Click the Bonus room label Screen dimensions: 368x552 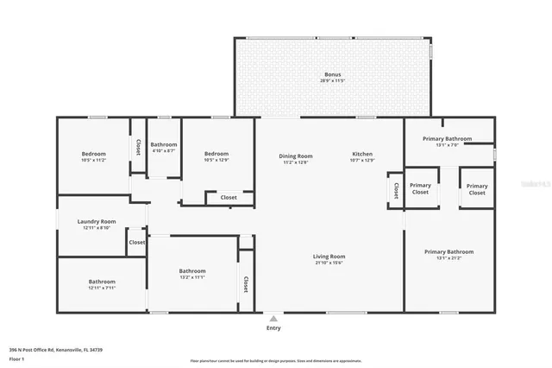pyautogui.click(x=332, y=75)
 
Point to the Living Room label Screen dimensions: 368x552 pyautogui.click(x=329, y=257)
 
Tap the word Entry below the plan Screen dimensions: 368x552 pyautogui.click(x=273, y=328)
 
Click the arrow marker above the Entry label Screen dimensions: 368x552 pyautogui.click(x=273, y=318)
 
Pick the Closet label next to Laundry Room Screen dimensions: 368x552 pyautogui.click(x=137, y=242)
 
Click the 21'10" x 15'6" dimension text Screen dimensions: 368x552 pyautogui.click(x=329, y=263)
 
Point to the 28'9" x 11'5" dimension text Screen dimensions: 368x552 pyautogui.click(x=332, y=81)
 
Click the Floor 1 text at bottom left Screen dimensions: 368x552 pyautogui.click(x=16, y=358)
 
